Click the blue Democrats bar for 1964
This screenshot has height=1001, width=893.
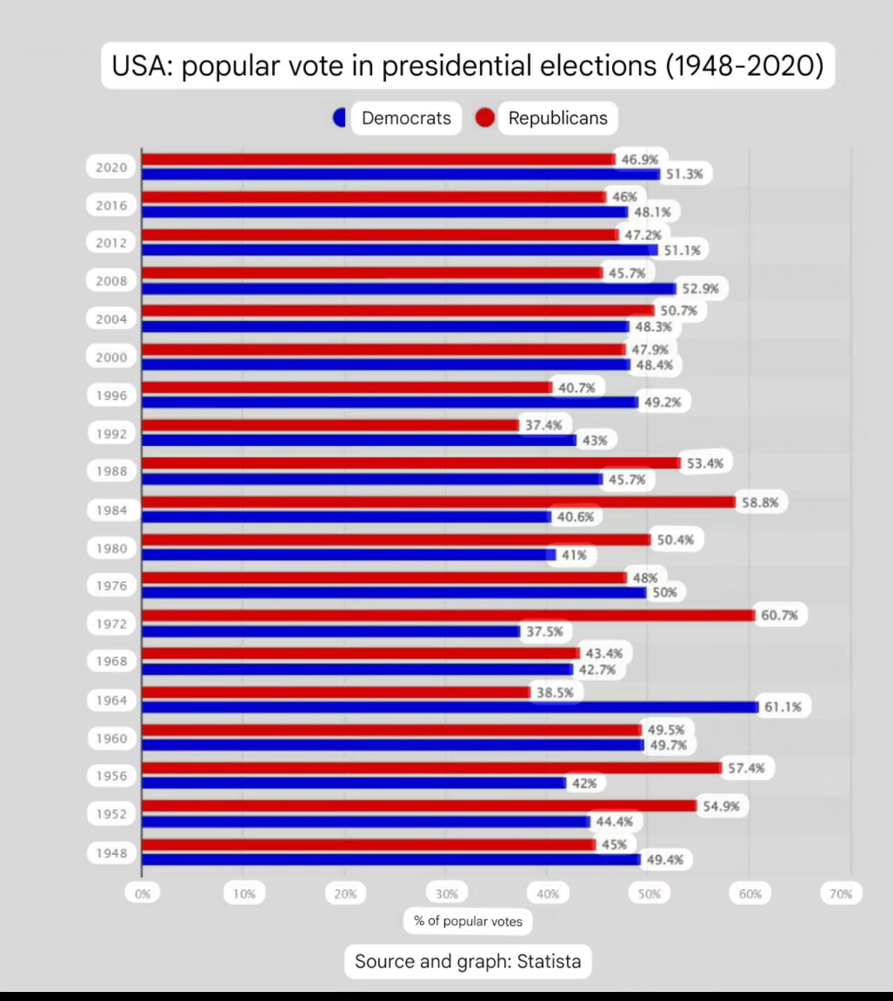point(450,707)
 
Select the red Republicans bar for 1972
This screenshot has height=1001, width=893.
point(448,615)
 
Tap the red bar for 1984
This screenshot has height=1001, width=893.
point(438,502)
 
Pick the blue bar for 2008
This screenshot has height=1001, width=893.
point(409,288)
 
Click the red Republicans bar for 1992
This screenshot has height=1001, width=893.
point(330,424)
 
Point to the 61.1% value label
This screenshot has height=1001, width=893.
point(782,707)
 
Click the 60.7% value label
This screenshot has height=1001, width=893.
point(779,615)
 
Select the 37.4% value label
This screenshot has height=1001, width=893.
point(543,424)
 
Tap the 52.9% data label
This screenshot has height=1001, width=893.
point(700,288)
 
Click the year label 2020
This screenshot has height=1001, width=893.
point(111,167)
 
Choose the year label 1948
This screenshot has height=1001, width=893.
point(111,853)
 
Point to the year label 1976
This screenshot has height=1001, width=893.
point(111,586)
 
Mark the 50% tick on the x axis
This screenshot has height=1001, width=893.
point(649,894)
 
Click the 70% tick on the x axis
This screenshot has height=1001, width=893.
point(840,894)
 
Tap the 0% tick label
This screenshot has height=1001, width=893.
point(143,894)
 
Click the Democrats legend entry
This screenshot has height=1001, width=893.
point(405,118)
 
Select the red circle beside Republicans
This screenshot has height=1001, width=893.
point(485,118)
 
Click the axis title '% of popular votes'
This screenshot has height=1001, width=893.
point(467,921)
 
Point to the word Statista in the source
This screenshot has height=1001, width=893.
point(549,961)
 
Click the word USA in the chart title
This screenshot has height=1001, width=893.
point(142,66)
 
